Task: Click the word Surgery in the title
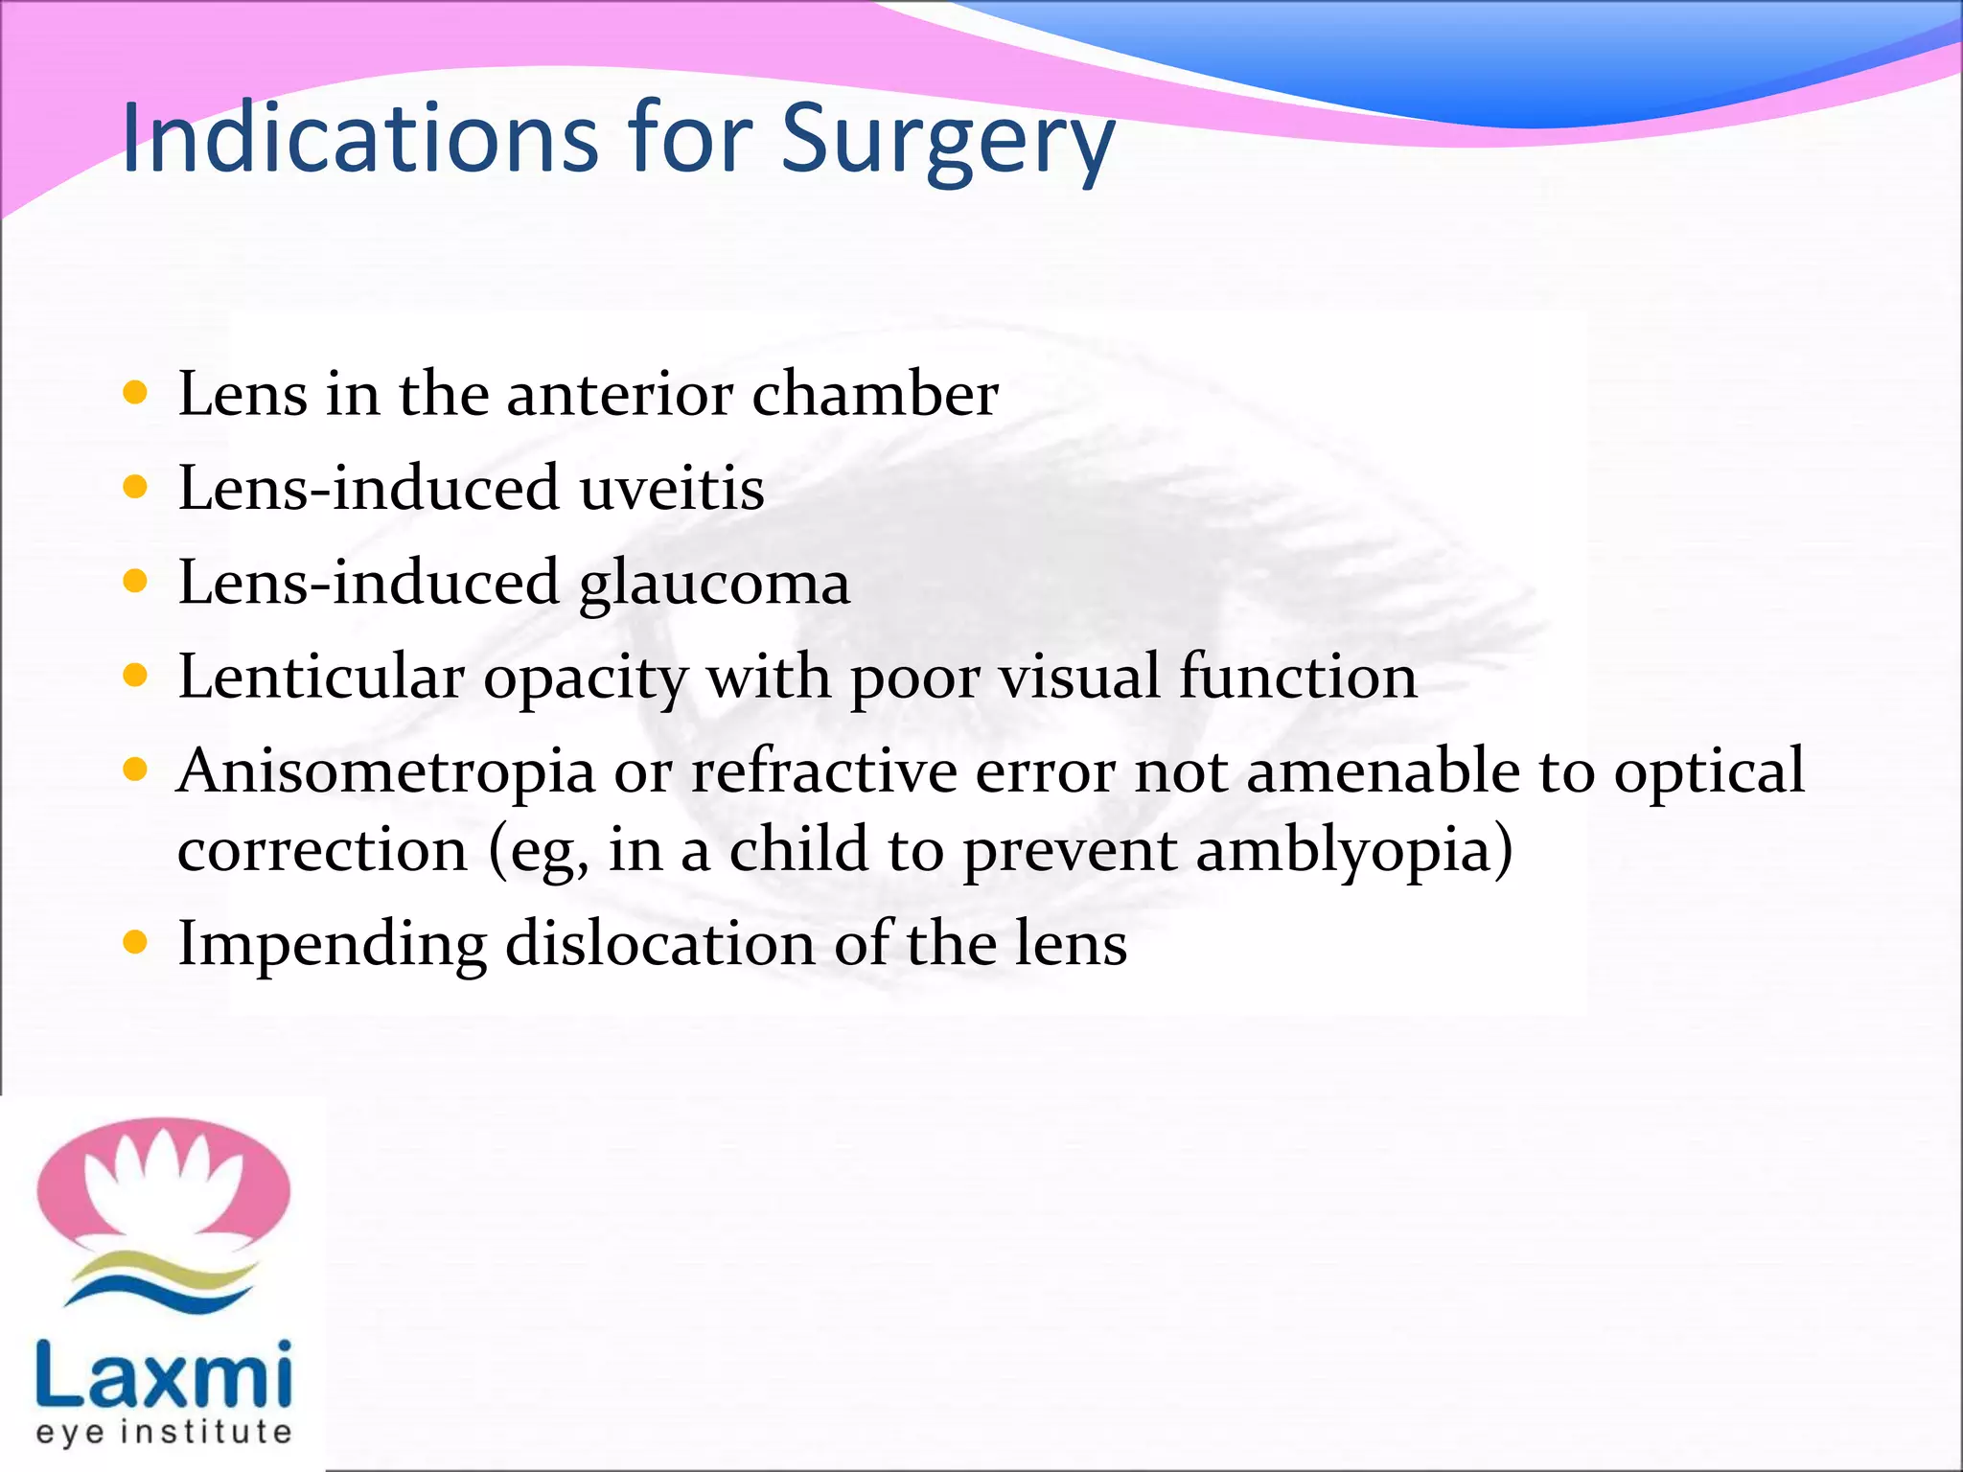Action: [947, 141]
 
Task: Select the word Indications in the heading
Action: [360, 139]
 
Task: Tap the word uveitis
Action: [671, 488]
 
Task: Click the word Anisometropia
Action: [385, 771]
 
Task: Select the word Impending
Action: [332, 945]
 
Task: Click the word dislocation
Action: [659, 943]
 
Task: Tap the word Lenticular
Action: [321, 678]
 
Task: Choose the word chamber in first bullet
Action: [874, 394]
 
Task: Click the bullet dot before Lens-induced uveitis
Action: [136, 487]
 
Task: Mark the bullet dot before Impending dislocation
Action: [136, 942]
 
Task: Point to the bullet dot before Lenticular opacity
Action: [136, 676]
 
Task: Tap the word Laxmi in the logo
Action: [163, 1376]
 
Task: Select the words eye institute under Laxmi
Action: [163, 1432]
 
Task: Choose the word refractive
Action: [823, 771]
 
